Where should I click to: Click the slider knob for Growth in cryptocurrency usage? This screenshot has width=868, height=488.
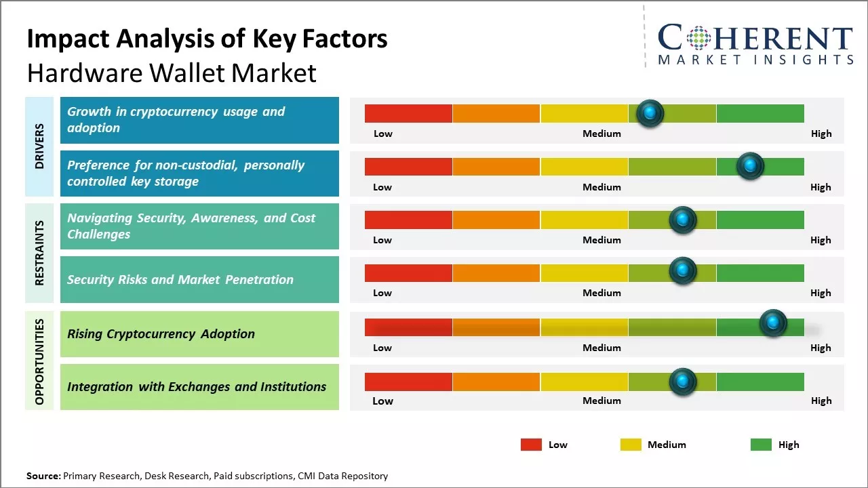[650, 113]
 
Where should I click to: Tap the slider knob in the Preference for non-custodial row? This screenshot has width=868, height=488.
[750, 166]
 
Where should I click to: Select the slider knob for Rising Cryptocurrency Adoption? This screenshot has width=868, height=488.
[773, 323]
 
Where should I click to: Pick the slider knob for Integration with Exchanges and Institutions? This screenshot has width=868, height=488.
[683, 382]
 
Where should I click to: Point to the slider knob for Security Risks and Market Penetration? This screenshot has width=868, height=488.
[683, 270]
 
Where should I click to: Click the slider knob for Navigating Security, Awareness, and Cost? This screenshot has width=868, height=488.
[683, 220]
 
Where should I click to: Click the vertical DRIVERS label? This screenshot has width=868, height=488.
[39, 146]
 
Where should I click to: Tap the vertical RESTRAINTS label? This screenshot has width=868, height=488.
[39, 253]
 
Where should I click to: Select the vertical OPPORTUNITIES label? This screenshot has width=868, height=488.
[39, 361]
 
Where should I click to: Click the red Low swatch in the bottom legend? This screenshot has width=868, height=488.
[531, 445]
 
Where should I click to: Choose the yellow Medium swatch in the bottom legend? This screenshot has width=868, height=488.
[631, 445]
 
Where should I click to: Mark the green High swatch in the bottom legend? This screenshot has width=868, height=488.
[761, 445]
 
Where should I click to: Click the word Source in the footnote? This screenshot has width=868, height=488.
[43, 476]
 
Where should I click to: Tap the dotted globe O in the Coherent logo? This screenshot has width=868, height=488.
[698, 38]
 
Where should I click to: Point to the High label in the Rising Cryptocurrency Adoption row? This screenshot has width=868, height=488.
[821, 348]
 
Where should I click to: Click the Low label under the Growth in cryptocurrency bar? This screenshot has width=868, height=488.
[383, 134]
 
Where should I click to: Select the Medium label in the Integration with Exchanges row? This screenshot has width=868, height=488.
[601, 401]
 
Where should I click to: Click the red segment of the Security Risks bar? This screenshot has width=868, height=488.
[408, 273]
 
